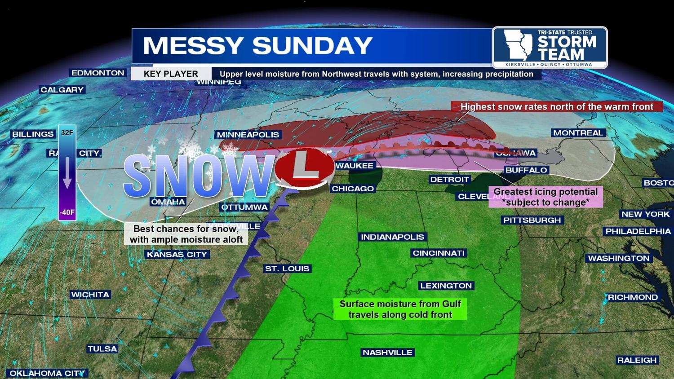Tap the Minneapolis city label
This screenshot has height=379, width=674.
tap(248, 135)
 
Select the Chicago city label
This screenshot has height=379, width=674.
tap(353, 189)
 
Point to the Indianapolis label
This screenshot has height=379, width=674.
tap(392, 237)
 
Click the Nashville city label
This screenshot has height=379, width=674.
tap(387, 353)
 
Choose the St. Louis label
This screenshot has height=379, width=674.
tap(287, 269)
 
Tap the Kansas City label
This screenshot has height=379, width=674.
tap(177, 255)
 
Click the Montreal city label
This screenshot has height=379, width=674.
tap(578, 133)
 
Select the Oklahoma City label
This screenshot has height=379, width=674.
tap(47, 373)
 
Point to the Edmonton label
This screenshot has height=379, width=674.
tap(98, 73)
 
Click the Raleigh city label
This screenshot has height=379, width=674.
tap(637, 360)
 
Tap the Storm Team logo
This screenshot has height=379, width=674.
tap(550, 48)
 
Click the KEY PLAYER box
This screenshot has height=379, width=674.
tap(171, 74)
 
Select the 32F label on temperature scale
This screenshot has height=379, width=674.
tap(67, 133)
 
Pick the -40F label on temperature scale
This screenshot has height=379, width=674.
tap(67, 212)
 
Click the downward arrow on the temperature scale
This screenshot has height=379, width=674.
tap(67, 173)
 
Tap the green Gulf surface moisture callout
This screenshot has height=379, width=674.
tap(400, 309)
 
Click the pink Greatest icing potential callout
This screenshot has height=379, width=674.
tap(545, 197)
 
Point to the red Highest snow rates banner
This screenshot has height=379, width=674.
tap(557, 107)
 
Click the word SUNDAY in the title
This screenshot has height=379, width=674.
tap(312, 46)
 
